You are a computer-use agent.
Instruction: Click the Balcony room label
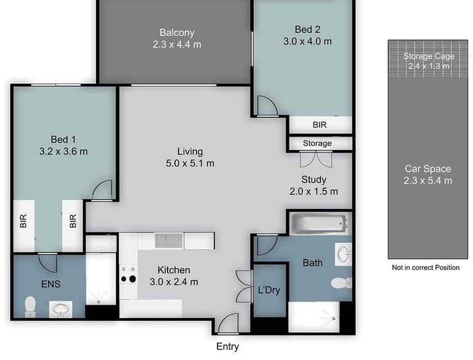[x=177, y=32]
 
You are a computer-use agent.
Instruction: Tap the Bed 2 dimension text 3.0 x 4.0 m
[x=307, y=41]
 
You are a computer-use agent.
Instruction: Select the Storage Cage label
[x=429, y=56]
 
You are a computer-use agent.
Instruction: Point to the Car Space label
[x=428, y=168]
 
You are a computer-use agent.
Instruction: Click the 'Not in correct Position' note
[x=426, y=268]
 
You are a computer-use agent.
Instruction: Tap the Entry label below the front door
[x=227, y=346]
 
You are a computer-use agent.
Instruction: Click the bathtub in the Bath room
[x=320, y=224]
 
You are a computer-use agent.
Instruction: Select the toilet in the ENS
[x=30, y=306]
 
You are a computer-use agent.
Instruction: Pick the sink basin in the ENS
[x=60, y=309]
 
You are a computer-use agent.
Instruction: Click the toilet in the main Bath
[x=341, y=284]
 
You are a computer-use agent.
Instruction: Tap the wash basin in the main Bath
[x=343, y=255]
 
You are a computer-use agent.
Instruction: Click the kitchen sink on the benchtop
[x=169, y=240]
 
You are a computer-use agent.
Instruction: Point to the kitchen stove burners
[x=129, y=274]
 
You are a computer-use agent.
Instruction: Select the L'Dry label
[x=269, y=290]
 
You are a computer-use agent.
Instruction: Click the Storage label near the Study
[x=317, y=143]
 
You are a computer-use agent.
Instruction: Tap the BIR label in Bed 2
[x=320, y=125]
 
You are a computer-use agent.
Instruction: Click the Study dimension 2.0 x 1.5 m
[x=313, y=192]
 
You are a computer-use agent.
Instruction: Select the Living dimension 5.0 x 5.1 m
[x=190, y=163]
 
